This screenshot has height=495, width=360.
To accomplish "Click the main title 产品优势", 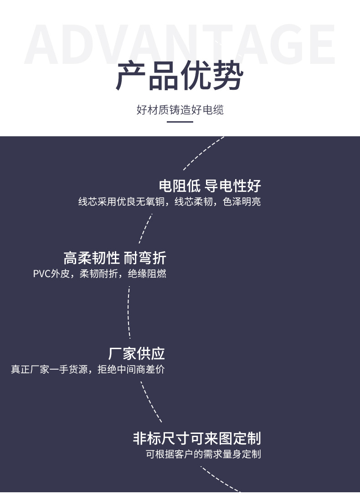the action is [x=180, y=76].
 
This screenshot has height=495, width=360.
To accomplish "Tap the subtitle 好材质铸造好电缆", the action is [x=180, y=110].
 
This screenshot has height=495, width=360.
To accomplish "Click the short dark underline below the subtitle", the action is [x=180, y=122].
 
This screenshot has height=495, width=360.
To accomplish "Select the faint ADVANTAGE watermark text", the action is [x=180, y=44].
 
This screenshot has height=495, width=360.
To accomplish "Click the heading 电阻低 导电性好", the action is [x=210, y=186].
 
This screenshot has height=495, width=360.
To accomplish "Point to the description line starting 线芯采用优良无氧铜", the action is [x=170, y=201].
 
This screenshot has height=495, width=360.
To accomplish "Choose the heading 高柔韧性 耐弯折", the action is [x=115, y=258].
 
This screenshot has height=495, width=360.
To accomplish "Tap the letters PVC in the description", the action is [x=41, y=273].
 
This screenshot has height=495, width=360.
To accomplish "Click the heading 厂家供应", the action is [x=136, y=354].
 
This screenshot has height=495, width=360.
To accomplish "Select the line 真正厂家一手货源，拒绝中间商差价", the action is [x=87, y=369].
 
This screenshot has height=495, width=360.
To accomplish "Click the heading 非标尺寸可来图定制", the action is [x=197, y=438].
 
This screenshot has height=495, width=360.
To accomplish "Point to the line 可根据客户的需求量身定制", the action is [x=203, y=454].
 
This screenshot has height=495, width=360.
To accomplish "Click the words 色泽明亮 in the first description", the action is [x=242, y=201].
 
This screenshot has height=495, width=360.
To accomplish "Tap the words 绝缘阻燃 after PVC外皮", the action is [x=147, y=273].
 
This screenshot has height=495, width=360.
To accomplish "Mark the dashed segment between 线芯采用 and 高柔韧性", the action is [x=145, y=228].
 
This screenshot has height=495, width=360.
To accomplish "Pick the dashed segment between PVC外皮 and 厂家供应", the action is [x=129, y=313].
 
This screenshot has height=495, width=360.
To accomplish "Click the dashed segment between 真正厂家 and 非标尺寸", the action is [x=150, y=402].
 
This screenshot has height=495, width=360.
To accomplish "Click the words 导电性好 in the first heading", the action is [x=233, y=186].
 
